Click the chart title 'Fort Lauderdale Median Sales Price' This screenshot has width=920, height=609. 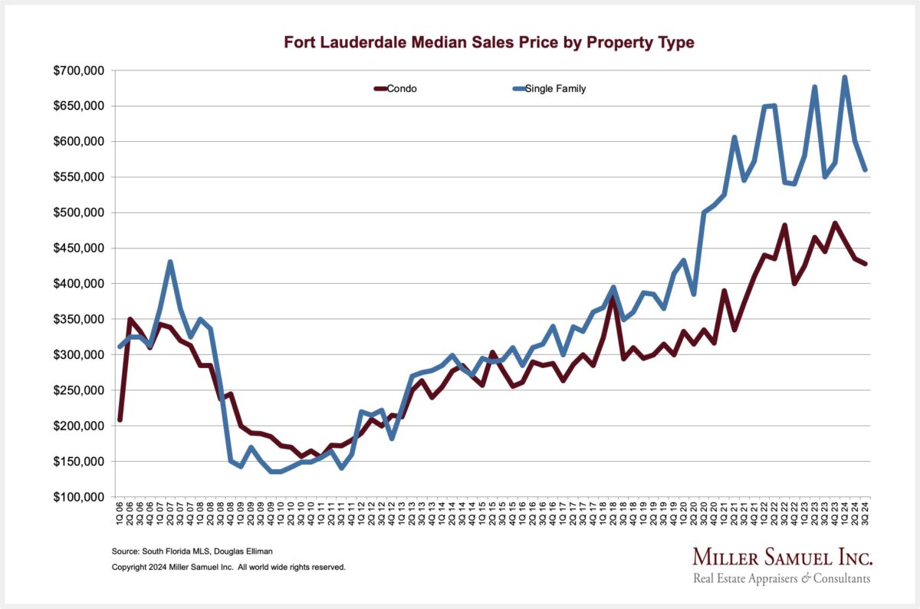coord(489,43)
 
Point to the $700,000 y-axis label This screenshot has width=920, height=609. coord(81,71)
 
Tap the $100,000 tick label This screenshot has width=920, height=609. coord(81,497)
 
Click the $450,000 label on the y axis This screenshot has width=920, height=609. coord(81,249)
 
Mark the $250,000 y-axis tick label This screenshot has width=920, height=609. coord(81,390)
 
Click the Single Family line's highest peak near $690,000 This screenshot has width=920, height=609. coord(845,77)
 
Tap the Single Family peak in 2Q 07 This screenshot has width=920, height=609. coord(170,262)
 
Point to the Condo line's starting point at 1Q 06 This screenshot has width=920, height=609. coord(120,420)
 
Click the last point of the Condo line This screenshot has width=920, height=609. coord(865,264)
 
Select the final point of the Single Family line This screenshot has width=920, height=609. coord(865,170)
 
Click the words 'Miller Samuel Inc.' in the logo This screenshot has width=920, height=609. coord(782,557)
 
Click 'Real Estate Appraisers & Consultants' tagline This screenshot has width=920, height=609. coord(782,578)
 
